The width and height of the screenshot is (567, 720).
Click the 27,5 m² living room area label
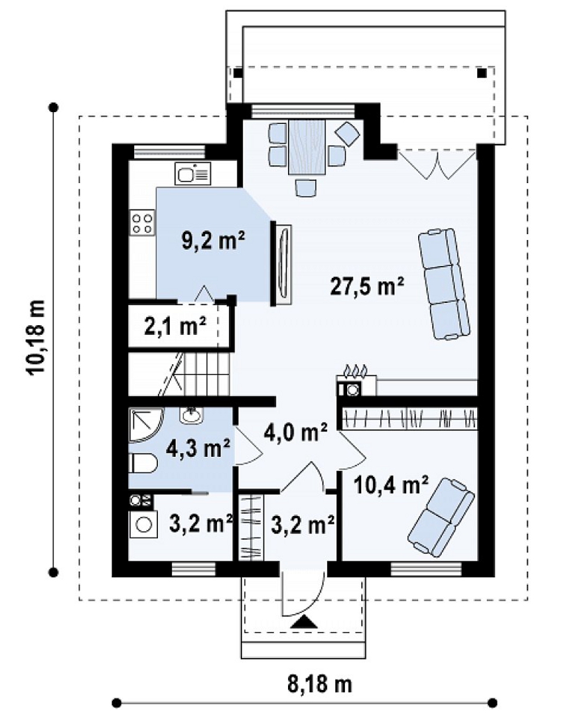tap(367, 287)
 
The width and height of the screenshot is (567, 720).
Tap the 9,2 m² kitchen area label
tap(214, 240)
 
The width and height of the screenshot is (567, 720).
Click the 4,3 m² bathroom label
tap(198, 448)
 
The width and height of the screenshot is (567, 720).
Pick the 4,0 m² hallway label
tap(296, 432)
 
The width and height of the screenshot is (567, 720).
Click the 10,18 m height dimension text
tap(37, 338)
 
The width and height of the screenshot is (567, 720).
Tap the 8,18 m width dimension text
tap(320, 684)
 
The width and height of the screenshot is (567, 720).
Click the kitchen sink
tap(193, 173)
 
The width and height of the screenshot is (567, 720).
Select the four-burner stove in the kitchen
tap(142, 223)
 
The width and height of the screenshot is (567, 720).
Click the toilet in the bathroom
tap(143, 463)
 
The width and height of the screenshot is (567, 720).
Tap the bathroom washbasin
tap(192, 415)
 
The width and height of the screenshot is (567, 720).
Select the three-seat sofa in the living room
tap(444, 284)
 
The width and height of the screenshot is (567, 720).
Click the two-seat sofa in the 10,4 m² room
tap(441, 517)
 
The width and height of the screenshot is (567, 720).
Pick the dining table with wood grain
tap(307, 147)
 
